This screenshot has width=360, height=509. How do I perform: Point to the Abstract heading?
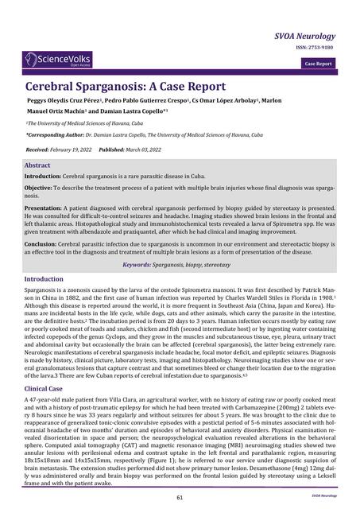pyautogui.click(x=37, y=165)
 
